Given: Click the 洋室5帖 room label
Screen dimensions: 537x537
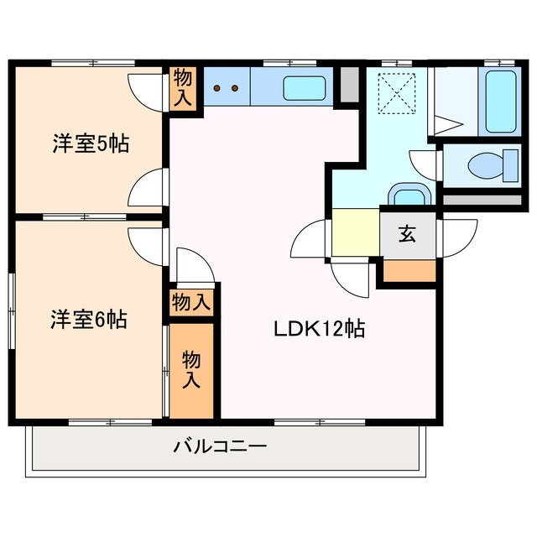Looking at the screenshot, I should point(90,144).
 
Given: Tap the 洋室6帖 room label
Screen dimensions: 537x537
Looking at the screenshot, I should point(88,320).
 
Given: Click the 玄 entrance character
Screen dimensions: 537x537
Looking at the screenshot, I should point(407,234).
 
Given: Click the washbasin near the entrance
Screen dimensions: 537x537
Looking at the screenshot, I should point(410,196).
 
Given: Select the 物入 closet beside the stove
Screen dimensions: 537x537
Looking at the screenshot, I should point(183,88).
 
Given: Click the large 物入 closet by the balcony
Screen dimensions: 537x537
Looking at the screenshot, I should point(192,369).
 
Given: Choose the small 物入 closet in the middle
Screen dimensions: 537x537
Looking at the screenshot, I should point(191,302).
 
